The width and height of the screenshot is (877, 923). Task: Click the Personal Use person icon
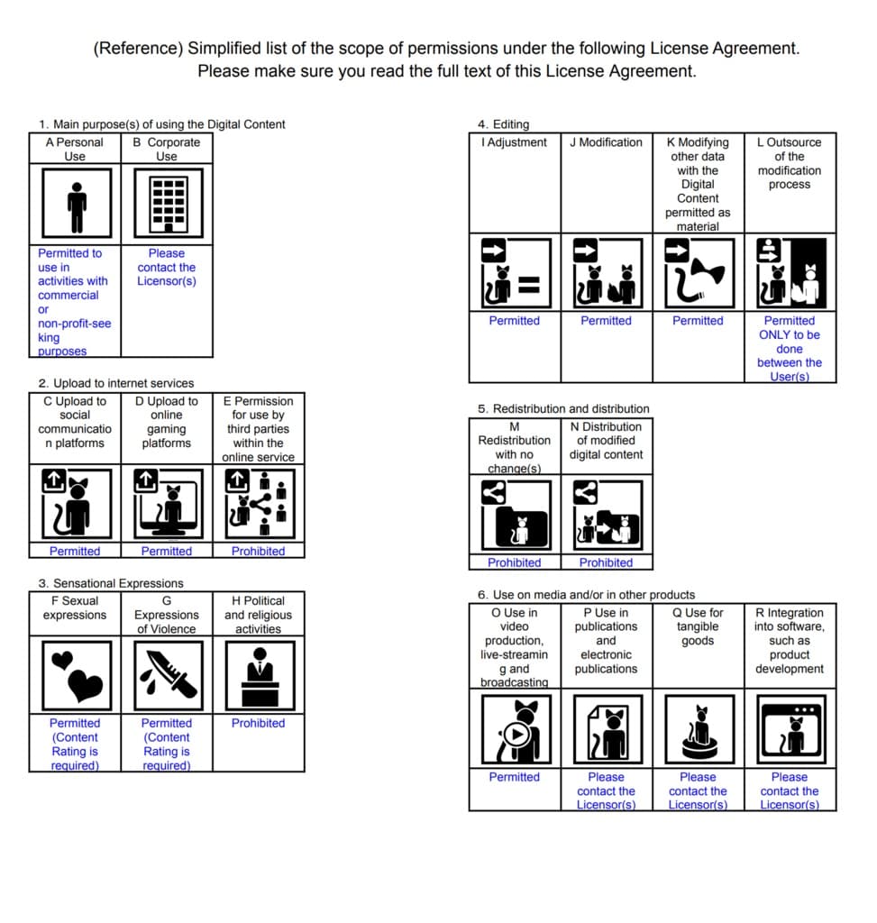(x=76, y=204)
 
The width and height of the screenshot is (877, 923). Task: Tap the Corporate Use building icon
(x=167, y=204)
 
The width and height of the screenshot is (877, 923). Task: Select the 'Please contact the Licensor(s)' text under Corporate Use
(x=167, y=267)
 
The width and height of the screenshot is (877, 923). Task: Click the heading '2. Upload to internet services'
(x=116, y=383)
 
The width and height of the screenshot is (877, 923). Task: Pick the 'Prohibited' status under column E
(x=258, y=551)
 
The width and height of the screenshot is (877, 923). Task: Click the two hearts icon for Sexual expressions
(x=76, y=674)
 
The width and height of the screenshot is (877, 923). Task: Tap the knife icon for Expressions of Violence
(x=167, y=674)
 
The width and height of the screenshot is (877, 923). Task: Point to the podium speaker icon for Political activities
(x=259, y=674)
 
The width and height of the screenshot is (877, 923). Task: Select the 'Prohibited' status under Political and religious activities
(x=258, y=723)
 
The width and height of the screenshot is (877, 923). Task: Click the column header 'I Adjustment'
(x=515, y=142)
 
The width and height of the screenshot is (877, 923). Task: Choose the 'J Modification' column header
(x=606, y=142)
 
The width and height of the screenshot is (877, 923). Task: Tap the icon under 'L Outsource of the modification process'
(x=790, y=273)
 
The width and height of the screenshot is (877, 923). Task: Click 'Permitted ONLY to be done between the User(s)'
(x=790, y=348)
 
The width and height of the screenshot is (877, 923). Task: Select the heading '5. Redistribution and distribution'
(x=563, y=408)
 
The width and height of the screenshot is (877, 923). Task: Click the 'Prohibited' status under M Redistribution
(x=515, y=562)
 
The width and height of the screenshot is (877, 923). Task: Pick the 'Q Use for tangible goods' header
(x=698, y=626)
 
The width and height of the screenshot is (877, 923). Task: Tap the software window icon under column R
(x=790, y=729)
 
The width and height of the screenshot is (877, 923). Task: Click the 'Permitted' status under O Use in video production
(x=515, y=777)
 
